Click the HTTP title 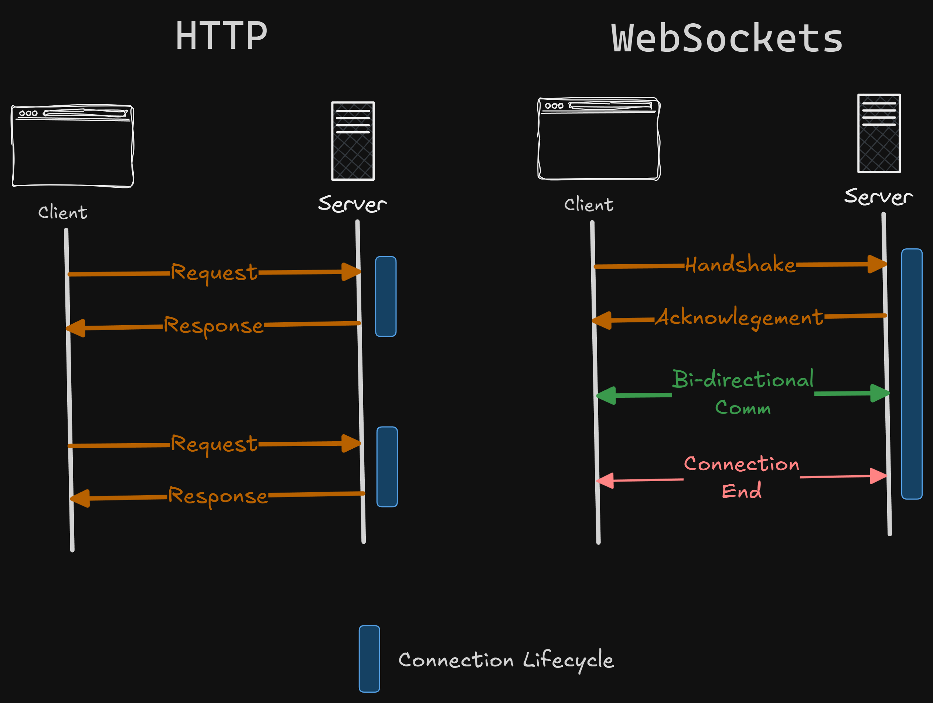click(x=221, y=36)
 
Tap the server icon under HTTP click(x=353, y=141)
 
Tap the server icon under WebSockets click(x=879, y=133)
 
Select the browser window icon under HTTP click(x=72, y=146)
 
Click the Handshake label click(x=740, y=265)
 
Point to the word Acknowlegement click(x=739, y=317)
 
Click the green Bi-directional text click(x=743, y=379)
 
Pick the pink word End click(x=742, y=491)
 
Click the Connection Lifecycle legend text click(x=506, y=659)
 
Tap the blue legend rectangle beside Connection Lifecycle click(x=369, y=659)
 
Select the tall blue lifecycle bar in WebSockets click(x=912, y=374)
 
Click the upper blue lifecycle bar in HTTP click(x=385, y=296)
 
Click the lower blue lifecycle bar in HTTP click(x=387, y=467)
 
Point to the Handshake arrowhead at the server click(x=876, y=264)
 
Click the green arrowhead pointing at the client click(x=606, y=395)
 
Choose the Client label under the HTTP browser click(x=63, y=212)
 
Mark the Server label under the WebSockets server click(x=878, y=197)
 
